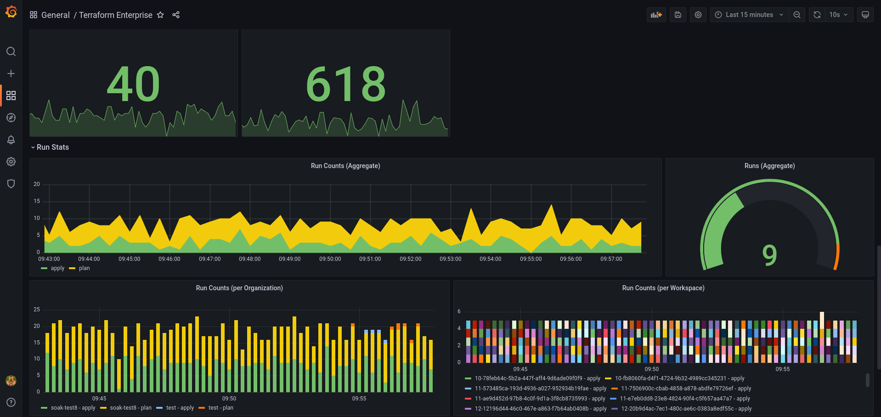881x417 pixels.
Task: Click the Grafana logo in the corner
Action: (x=11, y=12)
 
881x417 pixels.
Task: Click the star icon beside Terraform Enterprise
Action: (x=160, y=15)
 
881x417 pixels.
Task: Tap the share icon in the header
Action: (x=176, y=15)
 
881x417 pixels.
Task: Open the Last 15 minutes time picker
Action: (x=749, y=15)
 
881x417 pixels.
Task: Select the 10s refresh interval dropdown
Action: (x=838, y=15)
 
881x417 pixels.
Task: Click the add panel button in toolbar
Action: (x=656, y=15)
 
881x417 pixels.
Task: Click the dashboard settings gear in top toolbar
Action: (x=698, y=15)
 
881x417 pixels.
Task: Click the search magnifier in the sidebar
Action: (x=11, y=51)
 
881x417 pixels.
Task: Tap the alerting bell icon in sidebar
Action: (x=11, y=140)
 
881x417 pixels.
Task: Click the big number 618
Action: (x=346, y=84)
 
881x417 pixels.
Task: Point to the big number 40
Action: (x=133, y=84)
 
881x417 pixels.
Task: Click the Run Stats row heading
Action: (x=52, y=147)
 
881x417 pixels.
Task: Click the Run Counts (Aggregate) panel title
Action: (x=345, y=166)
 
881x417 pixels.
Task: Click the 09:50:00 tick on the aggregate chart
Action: (x=330, y=259)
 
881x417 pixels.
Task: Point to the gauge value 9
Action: (x=769, y=255)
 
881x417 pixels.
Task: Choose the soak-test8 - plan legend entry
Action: (x=130, y=408)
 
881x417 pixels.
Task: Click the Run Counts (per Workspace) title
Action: (x=663, y=288)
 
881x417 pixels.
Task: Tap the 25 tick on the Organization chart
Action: (x=37, y=310)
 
